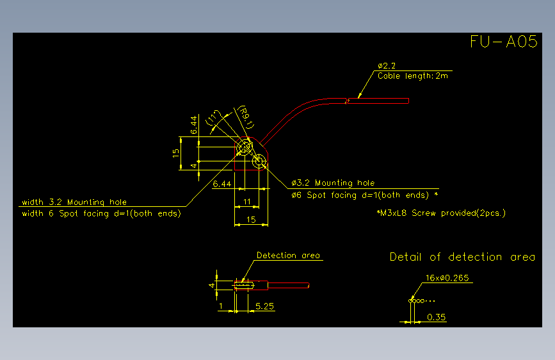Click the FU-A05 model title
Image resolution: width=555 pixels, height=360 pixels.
(x=504, y=42)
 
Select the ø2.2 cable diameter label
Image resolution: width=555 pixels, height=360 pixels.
(x=387, y=66)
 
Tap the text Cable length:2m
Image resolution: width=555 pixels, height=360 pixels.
(x=413, y=76)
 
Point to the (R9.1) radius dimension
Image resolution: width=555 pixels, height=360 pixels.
(x=245, y=117)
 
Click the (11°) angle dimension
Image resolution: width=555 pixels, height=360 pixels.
(x=213, y=119)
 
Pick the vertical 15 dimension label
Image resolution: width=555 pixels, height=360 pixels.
(x=176, y=153)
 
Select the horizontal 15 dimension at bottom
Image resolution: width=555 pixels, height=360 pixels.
(x=251, y=220)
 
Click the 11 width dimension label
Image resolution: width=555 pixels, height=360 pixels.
(x=246, y=202)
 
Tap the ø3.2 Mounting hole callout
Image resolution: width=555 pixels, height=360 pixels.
(x=333, y=183)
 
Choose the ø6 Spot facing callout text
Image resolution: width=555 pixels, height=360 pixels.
(x=365, y=195)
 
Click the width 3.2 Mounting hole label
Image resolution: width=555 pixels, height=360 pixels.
(x=74, y=202)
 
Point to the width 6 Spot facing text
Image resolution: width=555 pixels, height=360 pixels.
(x=101, y=214)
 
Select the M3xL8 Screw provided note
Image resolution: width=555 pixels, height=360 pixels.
(x=442, y=213)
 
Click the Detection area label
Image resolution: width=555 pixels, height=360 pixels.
(x=288, y=256)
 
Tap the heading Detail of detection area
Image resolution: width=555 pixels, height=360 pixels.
(x=462, y=257)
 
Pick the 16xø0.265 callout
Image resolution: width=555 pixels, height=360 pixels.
(x=447, y=278)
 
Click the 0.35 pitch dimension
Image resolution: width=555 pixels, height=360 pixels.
(x=436, y=317)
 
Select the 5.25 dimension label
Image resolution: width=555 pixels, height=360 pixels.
(x=265, y=306)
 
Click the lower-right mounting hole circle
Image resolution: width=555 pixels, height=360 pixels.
(x=259, y=161)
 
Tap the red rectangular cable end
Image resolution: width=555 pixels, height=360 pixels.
(x=378, y=101)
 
